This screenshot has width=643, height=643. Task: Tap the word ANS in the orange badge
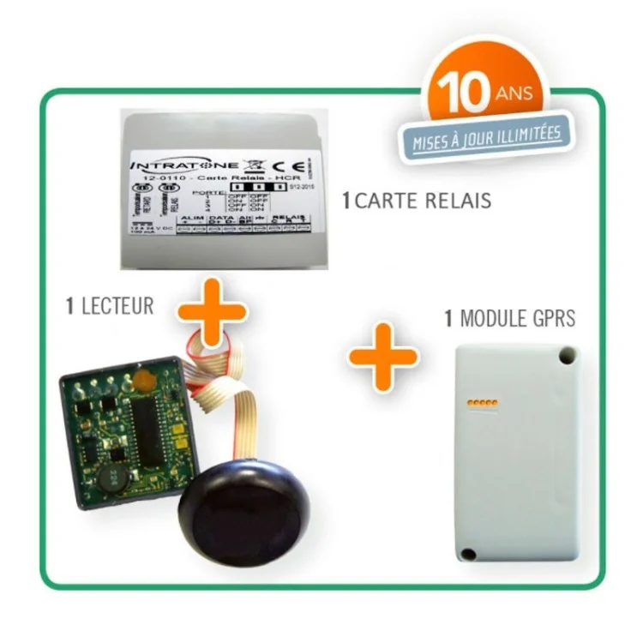coord(518,93)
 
